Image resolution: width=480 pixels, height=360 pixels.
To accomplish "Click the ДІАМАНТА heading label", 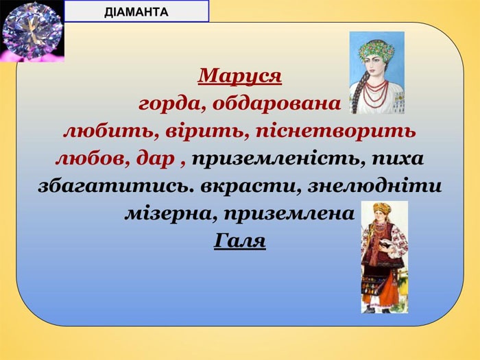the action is coord(136,12).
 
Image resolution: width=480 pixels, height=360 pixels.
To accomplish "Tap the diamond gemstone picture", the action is coord(32,31).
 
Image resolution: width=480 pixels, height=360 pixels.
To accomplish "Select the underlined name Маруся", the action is coord(240,76).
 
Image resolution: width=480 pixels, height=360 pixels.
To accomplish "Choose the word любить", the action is coord(111,132).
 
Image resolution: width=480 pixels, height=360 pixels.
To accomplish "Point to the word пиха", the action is coord(398,159).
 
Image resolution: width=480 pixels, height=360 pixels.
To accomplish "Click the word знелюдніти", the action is coord(374,186).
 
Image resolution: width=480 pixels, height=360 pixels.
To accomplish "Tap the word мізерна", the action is coord(171,213).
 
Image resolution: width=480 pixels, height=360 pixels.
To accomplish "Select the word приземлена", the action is coord(289,213).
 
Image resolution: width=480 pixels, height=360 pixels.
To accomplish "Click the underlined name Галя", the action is coord(239,241).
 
